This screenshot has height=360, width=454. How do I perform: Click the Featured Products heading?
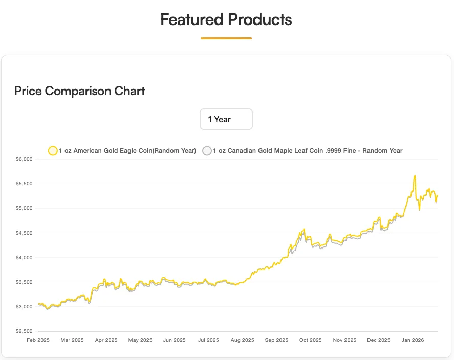point(226,20)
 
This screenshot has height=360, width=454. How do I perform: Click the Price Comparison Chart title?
point(80,91)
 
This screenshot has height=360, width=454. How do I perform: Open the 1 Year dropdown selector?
point(226,119)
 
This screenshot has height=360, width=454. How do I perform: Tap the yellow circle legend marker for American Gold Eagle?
point(53,151)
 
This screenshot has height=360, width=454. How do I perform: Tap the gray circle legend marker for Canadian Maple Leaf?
point(207,151)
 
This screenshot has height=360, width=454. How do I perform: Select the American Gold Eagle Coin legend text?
point(127,151)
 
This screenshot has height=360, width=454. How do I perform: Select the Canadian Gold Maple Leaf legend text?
point(308,151)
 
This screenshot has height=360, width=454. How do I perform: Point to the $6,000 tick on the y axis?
point(24,159)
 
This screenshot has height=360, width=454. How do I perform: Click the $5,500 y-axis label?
point(24,184)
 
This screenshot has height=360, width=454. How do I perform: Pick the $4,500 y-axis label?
point(24,233)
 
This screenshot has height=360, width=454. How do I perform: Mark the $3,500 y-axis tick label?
point(24,282)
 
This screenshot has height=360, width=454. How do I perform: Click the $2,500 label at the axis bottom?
point(24,331)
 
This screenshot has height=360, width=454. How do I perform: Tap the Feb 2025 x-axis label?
point(38,340)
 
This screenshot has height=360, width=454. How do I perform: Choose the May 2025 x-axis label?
point(140,340)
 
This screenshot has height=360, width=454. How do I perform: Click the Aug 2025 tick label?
point(242,340)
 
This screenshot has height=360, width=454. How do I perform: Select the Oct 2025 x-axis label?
point(310,340)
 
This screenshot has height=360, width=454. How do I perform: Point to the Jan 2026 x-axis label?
point(413,340)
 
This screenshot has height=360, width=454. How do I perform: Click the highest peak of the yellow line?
point(415,176)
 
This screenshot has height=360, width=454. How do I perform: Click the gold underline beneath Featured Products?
point(226,38)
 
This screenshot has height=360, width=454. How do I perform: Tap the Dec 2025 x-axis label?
point(379,340)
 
